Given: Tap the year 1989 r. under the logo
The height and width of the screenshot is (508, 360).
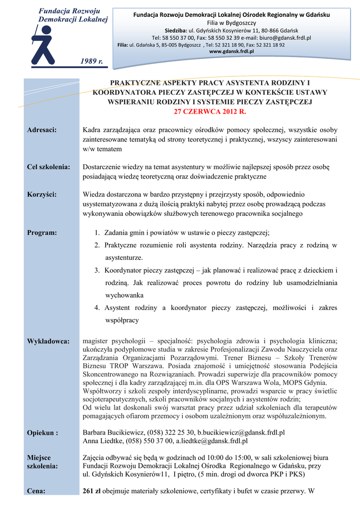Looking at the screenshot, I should click(91, 61).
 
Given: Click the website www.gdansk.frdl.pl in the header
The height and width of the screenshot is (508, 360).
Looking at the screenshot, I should click(231, 51).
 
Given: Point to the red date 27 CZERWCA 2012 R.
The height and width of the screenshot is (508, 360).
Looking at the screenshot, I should click(210, 112).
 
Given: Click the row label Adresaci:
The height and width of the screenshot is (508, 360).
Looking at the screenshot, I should click(41, 130).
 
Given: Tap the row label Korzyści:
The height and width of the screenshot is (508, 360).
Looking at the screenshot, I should click(41, 194).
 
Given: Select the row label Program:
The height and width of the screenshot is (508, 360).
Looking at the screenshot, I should click(41, 232).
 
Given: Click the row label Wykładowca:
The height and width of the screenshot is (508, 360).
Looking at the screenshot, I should click(48, 341).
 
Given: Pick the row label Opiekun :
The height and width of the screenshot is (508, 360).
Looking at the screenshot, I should click(42, 433).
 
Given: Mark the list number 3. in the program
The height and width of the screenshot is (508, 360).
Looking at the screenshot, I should click(97, 270).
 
